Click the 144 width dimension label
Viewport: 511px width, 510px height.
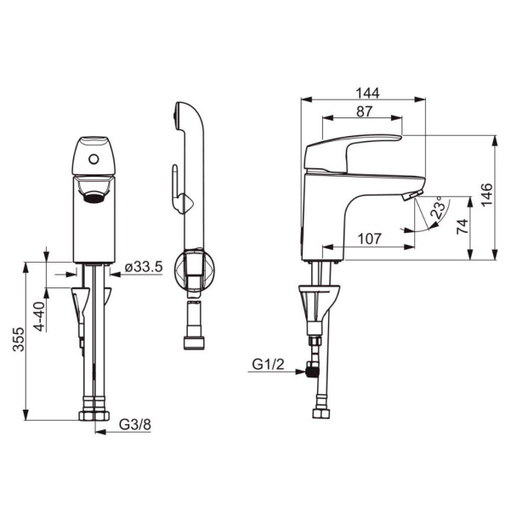coord(367,93)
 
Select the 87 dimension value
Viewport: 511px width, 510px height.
coord(364,111)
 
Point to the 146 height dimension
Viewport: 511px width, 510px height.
coord(487,195)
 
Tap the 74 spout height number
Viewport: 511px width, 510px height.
coord(463,226)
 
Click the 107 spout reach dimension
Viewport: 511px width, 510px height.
coord(369,239)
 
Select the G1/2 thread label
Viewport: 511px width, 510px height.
coord(268,364)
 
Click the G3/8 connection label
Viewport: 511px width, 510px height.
coord(135,425)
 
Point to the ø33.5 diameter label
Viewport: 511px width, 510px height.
coord(144,267)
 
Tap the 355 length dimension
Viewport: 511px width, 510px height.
coord(19,339)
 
